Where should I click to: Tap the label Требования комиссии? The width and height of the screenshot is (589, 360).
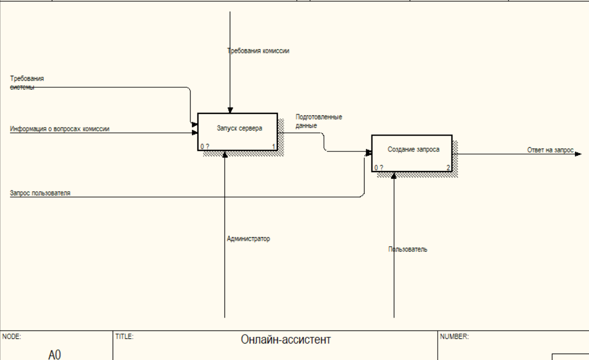[x=258, y=51]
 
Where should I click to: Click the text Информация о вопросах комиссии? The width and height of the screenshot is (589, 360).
[x=60, y=129]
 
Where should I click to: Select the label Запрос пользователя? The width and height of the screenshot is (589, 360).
[x=40, y=193]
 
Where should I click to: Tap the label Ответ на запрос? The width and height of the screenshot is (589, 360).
[x=550, y=150]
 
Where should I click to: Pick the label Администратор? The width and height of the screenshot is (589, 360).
[x=248, y=239]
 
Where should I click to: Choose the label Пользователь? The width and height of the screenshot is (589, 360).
[x=408, y=249]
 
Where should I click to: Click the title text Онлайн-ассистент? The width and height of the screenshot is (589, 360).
[x=286, y=340]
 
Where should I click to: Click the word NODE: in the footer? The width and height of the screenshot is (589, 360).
[x=11, y=336]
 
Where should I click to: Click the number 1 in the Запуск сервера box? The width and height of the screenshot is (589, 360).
[x=274, y=147]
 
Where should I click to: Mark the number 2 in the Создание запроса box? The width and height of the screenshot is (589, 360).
[x=448, y=168]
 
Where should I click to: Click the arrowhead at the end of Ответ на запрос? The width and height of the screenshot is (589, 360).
[x=578, y=154]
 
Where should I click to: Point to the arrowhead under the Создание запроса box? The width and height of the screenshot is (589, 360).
[x=393, y=176]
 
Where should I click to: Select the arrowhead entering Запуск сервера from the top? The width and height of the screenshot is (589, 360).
[x=230, y=110]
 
